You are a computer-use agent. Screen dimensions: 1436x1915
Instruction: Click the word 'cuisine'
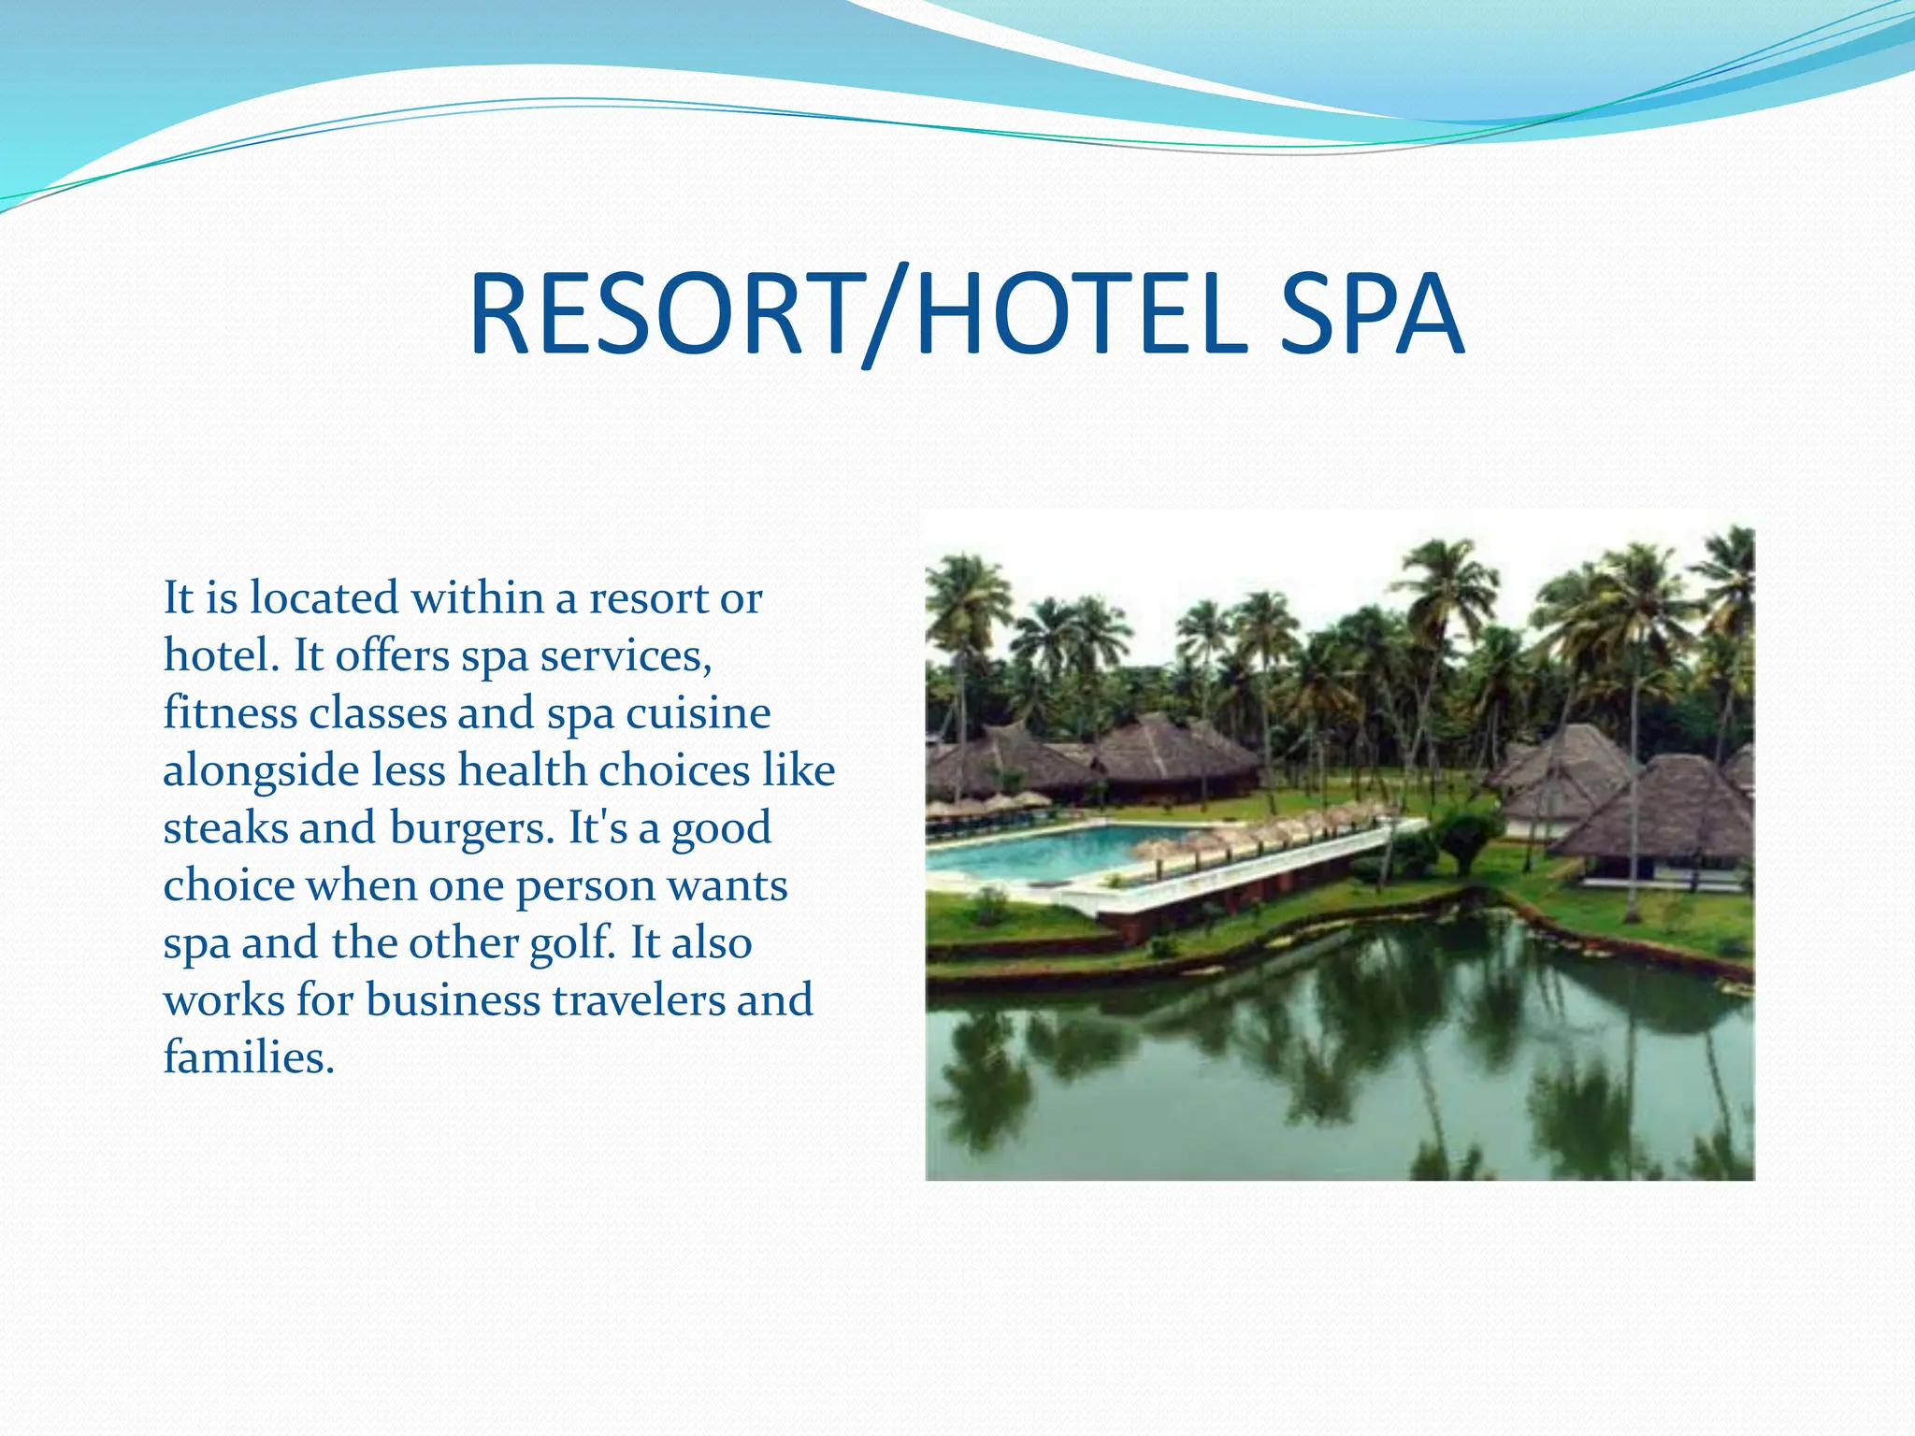pos(698,712)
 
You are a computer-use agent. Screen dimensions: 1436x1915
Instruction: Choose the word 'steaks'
pos(225,828)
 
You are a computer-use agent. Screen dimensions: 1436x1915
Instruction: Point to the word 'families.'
pos(249,1057)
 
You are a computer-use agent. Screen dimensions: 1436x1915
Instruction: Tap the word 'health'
pos(522,771)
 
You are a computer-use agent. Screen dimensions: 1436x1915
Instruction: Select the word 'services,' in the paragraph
pos(626,654)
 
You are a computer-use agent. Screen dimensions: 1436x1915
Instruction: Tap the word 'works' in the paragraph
pos(224,999)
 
